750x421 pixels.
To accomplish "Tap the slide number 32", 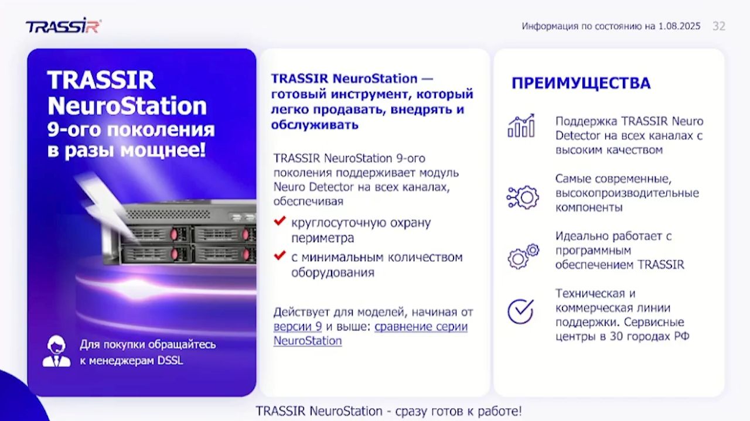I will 718,26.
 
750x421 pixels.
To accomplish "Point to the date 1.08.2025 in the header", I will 679,26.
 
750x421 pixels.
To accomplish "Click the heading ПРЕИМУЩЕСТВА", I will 581,83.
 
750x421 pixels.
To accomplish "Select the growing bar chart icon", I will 521,126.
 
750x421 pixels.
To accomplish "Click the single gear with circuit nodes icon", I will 522,197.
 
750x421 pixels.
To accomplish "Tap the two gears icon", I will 523,256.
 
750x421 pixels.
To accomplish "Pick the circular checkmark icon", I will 520,311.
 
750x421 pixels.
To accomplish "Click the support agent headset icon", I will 56,351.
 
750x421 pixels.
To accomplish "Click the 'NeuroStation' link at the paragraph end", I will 307,341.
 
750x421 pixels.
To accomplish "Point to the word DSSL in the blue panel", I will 171,361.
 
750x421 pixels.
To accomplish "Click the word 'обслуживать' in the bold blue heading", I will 314,125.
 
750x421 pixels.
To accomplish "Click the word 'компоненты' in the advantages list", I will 588,207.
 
